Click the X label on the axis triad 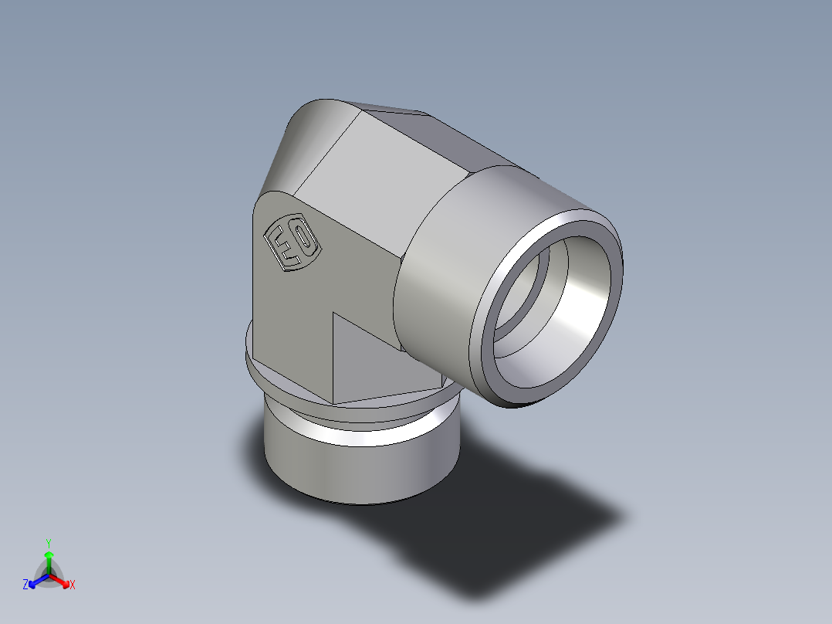tap(73, 585)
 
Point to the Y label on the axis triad tap(48, 543)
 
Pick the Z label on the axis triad tap(25, 585)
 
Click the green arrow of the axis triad tap(48, 559)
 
